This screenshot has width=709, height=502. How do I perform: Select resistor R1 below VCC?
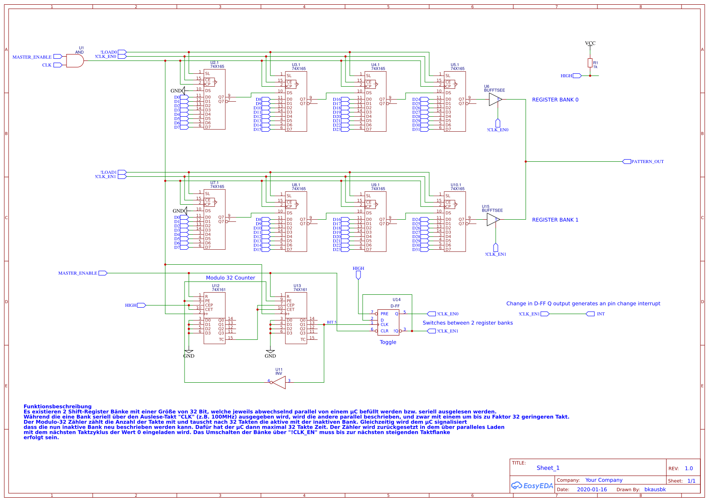[x=590, y=63]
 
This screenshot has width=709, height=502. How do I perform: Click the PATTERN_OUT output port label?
[x=647, y=162]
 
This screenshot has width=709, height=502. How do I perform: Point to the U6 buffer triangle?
[x=495, y=100]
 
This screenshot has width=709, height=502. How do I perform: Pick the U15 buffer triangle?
[x=493, y=220]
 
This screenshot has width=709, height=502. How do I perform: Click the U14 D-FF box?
[x=388, y=323]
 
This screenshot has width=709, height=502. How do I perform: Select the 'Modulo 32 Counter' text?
[x=230, y=278]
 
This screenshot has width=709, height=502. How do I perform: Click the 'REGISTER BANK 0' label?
[x=555, y=100]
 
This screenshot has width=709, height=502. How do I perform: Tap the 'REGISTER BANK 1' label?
[x=555, y=220]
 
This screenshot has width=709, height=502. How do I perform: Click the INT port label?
[x=600, y=314]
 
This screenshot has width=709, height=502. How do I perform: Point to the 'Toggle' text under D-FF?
[x=388, y=342]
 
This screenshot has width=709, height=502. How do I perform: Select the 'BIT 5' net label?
[x=332, y=322]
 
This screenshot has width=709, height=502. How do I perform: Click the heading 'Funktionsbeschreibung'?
[x=58, y=406]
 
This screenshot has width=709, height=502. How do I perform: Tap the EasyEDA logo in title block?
[x=532, y=486]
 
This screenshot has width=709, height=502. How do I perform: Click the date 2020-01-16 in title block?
[x=592, y=490]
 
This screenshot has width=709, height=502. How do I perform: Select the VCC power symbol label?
[x=590, y=43]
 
